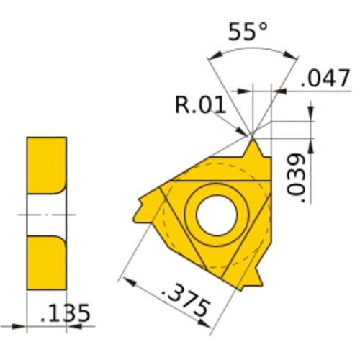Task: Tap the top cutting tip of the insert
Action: (253, 144)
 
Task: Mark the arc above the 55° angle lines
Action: (252, 51)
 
